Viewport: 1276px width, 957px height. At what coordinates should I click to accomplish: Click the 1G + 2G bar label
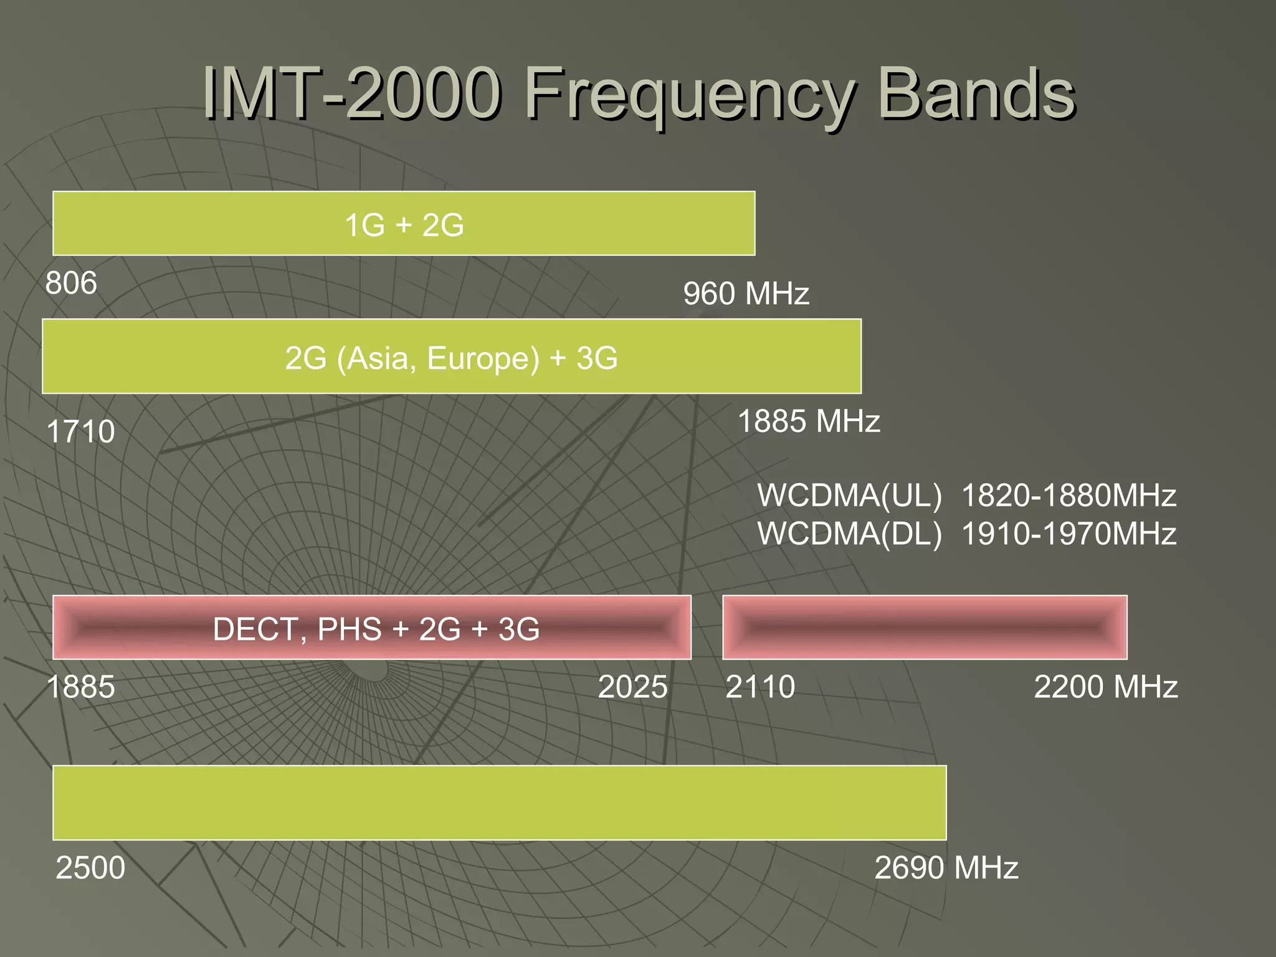(404, 225)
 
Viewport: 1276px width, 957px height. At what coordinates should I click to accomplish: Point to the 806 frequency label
(71, 283)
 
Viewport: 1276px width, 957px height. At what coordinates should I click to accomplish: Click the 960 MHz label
(746, 293)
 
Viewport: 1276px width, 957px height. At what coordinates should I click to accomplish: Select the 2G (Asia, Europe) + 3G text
(451, 358)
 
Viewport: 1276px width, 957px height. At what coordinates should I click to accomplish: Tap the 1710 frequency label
(81, 431)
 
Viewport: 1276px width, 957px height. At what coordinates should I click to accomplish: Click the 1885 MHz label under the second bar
(809, 421)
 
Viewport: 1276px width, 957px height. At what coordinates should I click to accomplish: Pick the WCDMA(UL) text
(850, 496)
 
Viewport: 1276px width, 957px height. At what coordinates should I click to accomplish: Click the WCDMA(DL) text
(850, 534)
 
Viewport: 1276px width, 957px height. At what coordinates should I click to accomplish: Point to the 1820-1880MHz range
(1069, 496)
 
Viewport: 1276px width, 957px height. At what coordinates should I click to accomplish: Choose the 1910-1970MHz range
(1069, 534)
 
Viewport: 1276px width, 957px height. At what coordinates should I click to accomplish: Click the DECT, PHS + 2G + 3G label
(376, 629)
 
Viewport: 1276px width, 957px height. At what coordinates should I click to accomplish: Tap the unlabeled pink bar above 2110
(925, 627)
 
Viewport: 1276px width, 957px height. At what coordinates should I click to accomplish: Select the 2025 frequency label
(632, 687)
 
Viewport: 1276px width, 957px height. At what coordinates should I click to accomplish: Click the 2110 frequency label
(760, 687)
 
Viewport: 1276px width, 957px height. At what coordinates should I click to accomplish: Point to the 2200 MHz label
(1105, 687)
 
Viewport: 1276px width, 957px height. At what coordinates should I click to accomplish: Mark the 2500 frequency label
(90, 867)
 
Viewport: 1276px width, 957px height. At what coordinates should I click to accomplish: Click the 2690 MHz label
(946, 867)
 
